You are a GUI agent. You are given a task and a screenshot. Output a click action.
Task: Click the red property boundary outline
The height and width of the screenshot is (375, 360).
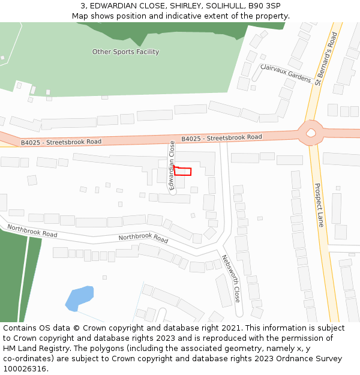pyautogui.click(x=183, y=172)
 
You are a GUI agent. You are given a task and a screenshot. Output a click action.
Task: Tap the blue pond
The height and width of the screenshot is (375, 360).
pyautogui.click(x=79, y=298)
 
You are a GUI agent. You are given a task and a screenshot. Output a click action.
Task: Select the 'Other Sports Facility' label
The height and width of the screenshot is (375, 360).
pyautogui.click(x=125, y=52)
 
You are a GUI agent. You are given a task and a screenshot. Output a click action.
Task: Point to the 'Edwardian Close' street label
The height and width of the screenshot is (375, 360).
pyautogui.click(x=172, y=166)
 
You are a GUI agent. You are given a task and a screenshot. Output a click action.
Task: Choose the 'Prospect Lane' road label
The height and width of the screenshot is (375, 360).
pyautogui.click(x=319, y=205)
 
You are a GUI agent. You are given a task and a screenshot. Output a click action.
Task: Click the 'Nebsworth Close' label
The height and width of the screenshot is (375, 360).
pyautogui.click(x=230, y=278)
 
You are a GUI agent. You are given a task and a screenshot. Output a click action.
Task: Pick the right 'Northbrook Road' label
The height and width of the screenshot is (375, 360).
pyautogui.click(x=143, y=238)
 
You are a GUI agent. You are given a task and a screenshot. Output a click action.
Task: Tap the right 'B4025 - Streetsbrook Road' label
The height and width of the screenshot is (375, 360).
pyautogui.click(x=221, y=138)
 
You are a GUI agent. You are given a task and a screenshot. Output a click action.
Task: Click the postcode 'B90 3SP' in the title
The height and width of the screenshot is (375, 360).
pyautogui.click(x=265, y=5)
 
